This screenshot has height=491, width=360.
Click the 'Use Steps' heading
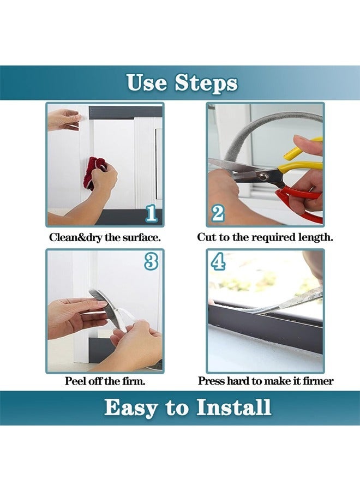pos(182,83)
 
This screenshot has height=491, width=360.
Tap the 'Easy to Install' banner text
pos(187,408)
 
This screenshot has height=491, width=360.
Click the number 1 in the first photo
pos(151,213)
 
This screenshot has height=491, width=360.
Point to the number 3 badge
pos(151,262)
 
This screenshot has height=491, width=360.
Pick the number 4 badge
pos(218,262)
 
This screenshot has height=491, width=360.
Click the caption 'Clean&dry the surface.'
pos(105,238)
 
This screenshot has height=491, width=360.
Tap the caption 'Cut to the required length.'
pos(265,238)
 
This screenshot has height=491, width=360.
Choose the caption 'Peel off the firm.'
pos(105,381)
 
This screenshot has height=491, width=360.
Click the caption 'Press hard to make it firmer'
pos(265,381)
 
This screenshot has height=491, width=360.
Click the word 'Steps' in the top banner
pos(206,83)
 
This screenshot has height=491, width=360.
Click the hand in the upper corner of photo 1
pos(64,118)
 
